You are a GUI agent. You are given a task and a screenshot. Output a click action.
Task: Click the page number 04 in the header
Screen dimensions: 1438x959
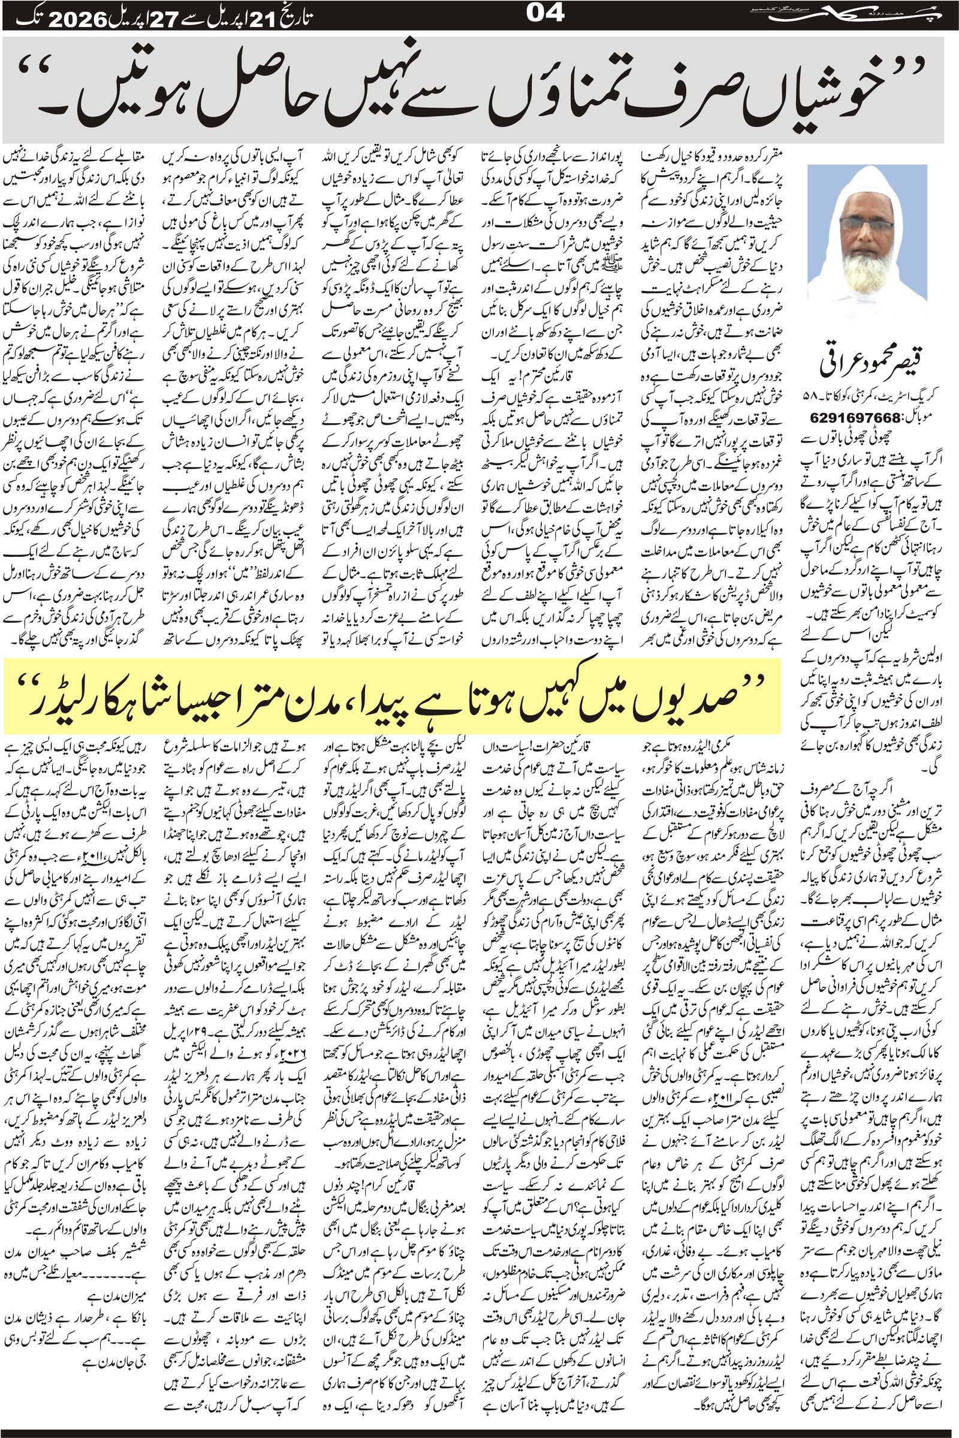tap(544, 13)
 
